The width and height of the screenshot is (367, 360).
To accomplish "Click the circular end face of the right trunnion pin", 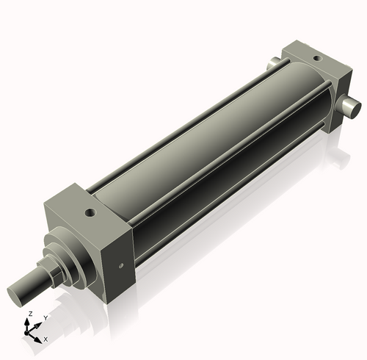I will pyautogui.click(x=355, y=109).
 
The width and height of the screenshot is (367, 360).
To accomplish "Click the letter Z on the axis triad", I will pyautogui.click(x=29, y=314).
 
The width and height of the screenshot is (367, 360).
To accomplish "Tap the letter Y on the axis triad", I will pyautogui.click(x=46, y=318).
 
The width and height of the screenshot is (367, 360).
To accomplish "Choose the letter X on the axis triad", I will pyautogui.click(x=46, y=339).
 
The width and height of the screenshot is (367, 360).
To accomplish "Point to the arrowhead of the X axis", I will pyautogui.click(x=40, y=337).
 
